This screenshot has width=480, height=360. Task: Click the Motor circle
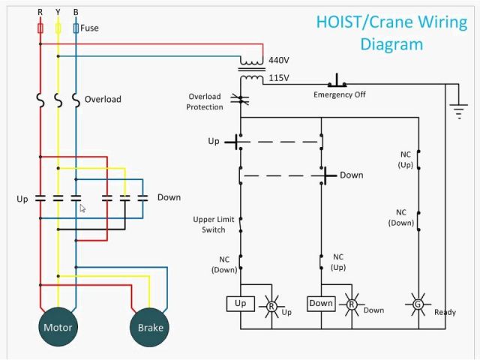pyautogui.click(x=58, y=327)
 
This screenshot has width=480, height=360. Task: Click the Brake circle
pyautogui.click(x=151, y=327)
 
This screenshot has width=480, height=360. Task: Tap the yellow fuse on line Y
pyautogui.click(x=58, y=28)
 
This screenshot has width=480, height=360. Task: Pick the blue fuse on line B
pyautogui.click(x=76, y=28)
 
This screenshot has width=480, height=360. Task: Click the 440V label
pyautogui.click(x=278, y=60)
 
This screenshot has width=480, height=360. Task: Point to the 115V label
pyautogui.click(x=278, y=78)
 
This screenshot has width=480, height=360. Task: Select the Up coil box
pyautogui.click(x=240, y=304)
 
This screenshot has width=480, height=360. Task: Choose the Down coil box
pyautogui.click(x=321, y=304)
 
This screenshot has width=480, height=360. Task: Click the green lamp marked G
pyautogui.click(x=418, y=305)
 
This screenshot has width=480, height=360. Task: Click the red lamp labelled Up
pyautogui.click(x=271, y=305)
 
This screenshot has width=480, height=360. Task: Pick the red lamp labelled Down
pyautogui.click(x=351, y=304)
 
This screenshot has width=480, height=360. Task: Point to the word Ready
pyautogui.click(x=445, y=312)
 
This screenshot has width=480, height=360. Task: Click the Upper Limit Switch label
pyautogui.click(x=214, y=224)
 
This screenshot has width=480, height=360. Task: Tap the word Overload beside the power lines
pyautogui.click(x=103, y=99)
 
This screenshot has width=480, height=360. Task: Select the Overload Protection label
pyautogui.click(x=205, y=102)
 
